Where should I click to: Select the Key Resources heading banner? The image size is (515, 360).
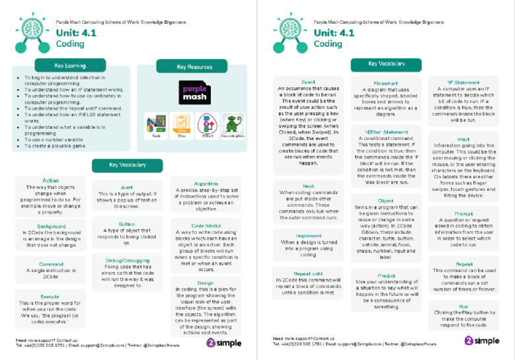tap(194, 67)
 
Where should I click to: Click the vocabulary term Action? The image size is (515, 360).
tap(50, 180)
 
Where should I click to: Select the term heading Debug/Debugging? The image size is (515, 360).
tap(127, 260)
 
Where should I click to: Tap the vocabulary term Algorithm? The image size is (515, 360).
tap(206, 184)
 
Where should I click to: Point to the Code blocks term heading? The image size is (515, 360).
tap(206, 225)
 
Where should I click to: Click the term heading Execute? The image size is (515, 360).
tap(50, 297)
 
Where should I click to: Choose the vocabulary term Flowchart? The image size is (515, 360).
tap(385, 84)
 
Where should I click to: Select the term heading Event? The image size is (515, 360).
tap(308, 82)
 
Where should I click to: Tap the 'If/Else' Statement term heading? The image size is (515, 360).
tap(386, 131)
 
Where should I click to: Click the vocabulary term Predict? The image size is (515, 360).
tap(386, 276)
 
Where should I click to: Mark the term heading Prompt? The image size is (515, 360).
tap(463, 213)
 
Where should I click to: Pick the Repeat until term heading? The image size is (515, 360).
tap(308, 273)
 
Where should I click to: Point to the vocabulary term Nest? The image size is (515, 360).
tap(308, 186)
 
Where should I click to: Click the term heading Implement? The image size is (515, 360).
tap(308, 236)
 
